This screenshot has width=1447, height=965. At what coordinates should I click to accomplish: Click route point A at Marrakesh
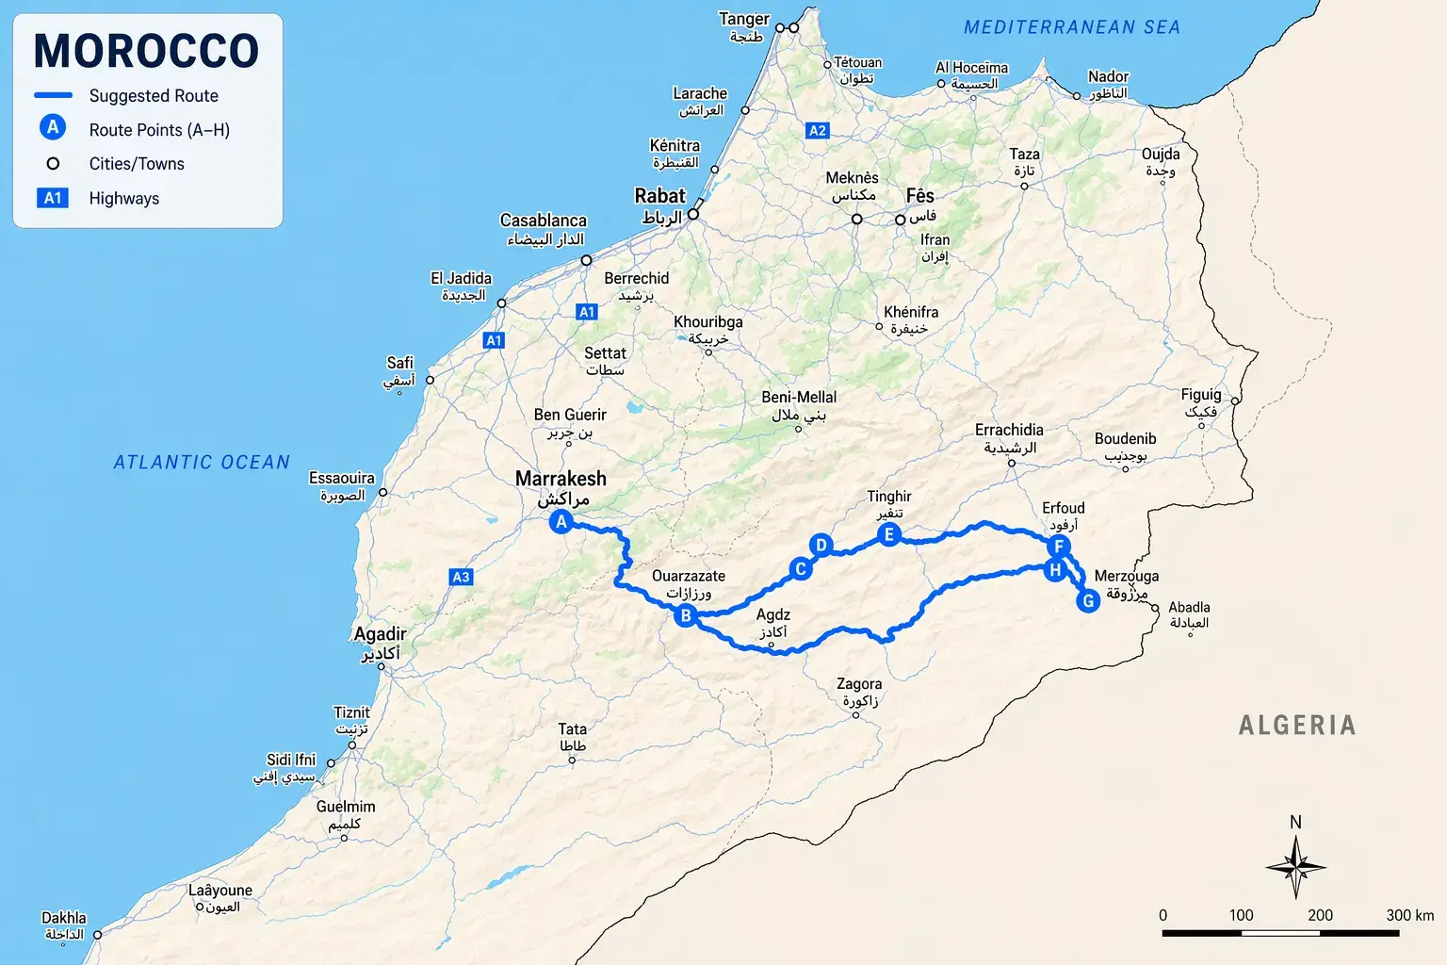[x=561, y=521]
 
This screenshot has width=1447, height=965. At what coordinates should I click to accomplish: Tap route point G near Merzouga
[x=1088, y=600]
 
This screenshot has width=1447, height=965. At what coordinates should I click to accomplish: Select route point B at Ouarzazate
[x=686, y=615]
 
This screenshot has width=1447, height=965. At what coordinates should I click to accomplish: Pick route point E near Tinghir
[x=888, y=535]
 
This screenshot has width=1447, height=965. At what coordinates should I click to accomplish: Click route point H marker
[x=1055, y=569]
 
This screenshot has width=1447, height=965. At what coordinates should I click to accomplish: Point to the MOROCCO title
[x=146, y=51]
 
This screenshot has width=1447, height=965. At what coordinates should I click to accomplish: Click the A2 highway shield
[x=818, y=131]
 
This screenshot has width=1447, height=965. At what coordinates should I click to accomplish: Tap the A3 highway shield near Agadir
[x=461, y=577]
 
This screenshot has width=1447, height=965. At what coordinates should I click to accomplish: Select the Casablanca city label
[x=543, y=221]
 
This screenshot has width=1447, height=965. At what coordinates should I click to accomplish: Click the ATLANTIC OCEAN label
[x=202, y=462]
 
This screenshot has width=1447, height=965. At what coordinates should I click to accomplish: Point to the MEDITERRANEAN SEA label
[x=1071, y=27]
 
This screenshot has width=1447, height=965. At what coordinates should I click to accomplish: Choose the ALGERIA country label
[x=1296, y=725]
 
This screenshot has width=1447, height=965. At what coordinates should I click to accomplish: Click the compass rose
[x=1295, y=866]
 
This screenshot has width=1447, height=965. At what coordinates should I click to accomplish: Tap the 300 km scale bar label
[x=1409, y=915]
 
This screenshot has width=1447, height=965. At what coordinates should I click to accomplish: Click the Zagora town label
[x=859, y=685]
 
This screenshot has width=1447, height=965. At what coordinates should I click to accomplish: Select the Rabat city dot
[x=692, y=215]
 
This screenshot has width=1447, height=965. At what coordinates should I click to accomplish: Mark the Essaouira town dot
[x=382, y=492]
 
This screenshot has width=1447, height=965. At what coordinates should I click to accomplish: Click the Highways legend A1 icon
[x=53, y=198]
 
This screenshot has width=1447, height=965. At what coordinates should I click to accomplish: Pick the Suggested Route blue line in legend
[x=53, y=95]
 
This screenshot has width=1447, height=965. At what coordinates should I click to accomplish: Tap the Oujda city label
[x=1161, y=155]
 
